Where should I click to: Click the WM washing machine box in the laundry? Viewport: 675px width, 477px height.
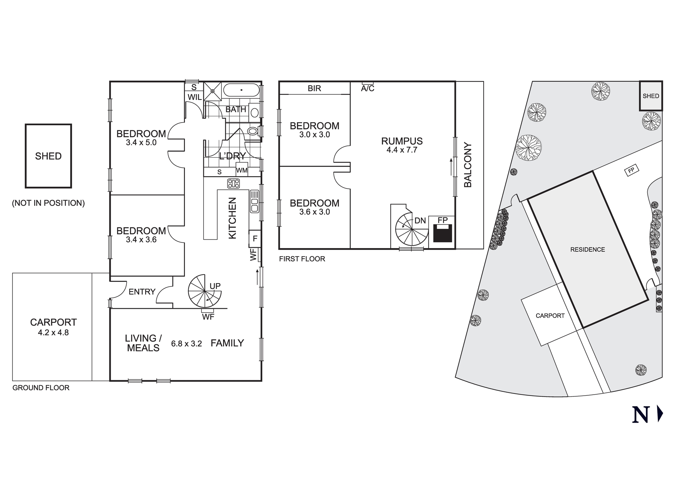pyautogui.click(x=242, y=170)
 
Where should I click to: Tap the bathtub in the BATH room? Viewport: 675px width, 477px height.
pyautogui.click(x=241, y=90)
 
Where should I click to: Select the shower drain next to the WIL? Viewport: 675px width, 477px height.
pyautogui.click(x=213, y=91)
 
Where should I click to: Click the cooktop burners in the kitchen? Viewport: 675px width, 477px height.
pyautogui.click(x=234, y=183)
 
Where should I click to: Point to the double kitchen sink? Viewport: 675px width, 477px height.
pyautogui.click(x=254, y=201)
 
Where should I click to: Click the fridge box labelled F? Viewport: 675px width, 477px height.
pyautogui.click(x=255, y=239)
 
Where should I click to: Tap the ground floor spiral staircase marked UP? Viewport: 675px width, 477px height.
pyautogui.click(x=205, y=291)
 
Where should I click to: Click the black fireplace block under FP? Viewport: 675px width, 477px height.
pyautogui.click(x=442, y=234)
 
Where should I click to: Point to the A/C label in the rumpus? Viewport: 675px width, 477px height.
pyautogui.click(x=368, y=89)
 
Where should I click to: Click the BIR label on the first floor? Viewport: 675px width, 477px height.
pyautogui.click(x=314, y=88)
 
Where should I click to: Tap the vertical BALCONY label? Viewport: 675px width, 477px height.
pyautogui.click(x=468, y=165)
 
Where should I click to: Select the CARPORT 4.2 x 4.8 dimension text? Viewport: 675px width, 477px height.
pyautogui.click(x=53, y=333)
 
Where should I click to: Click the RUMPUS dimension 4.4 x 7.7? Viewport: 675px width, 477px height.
pyautogui.click(x=402, y=150)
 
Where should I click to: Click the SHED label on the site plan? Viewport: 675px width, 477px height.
pyautogui.click(x=651, y=96)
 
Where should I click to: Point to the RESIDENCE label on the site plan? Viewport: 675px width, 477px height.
pyautogui.click(x=588, y=249)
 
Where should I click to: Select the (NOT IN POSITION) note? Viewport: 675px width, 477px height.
pyautogui.click(x=48, y=203)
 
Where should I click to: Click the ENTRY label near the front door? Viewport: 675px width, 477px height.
pyautogui.click(x=142, y=292)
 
